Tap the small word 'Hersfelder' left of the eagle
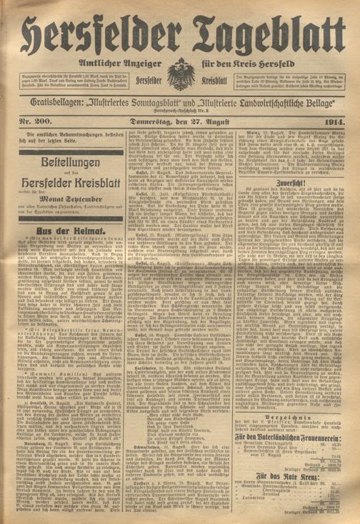point(149,74)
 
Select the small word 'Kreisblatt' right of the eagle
point(211,74)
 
